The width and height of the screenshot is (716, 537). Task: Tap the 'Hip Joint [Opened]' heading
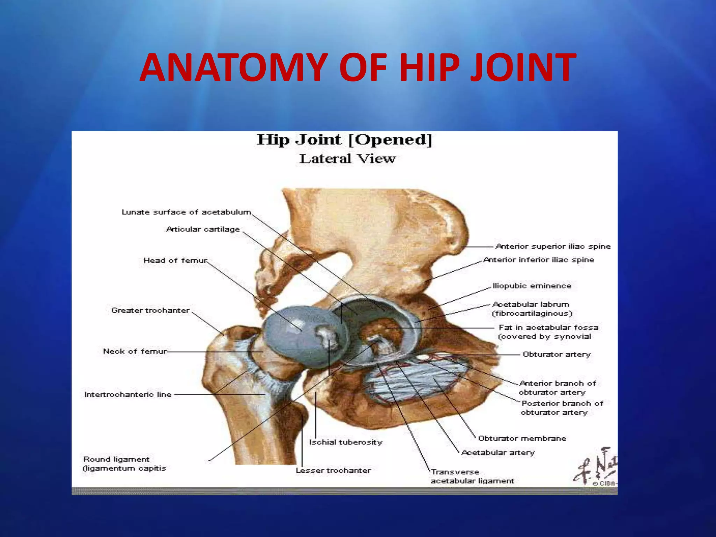(x=344, y=140)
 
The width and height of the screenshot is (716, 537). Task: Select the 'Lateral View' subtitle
(x=347, y=159)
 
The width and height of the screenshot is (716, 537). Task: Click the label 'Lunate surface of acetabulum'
(x=186, y=212)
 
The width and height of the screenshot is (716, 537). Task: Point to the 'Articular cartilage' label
(x=203, y=229)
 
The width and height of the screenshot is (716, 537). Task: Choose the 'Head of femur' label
(x=175, y=260)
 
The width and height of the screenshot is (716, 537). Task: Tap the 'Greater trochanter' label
(x=150, y=310)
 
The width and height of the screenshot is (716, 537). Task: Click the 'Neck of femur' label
(x=135, y=351)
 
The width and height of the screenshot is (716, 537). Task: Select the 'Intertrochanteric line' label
(x=128, y=394)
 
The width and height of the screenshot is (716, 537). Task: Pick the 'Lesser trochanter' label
(x=333, y=471)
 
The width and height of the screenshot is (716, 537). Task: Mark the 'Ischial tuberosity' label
(x=345, y=442)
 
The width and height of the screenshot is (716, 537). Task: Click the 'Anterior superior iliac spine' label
(x=553, y=246)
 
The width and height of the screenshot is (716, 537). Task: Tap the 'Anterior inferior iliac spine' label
(x=539, y=260)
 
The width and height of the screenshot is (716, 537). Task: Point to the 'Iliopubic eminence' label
(x=532, y=286)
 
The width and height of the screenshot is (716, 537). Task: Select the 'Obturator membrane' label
(x=522, y=438)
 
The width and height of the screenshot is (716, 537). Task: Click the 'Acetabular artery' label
(x=498, y=453)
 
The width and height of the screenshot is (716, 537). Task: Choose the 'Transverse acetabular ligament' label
(x=472, y=477)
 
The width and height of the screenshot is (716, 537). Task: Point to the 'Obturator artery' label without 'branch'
(x=557, y=355)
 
